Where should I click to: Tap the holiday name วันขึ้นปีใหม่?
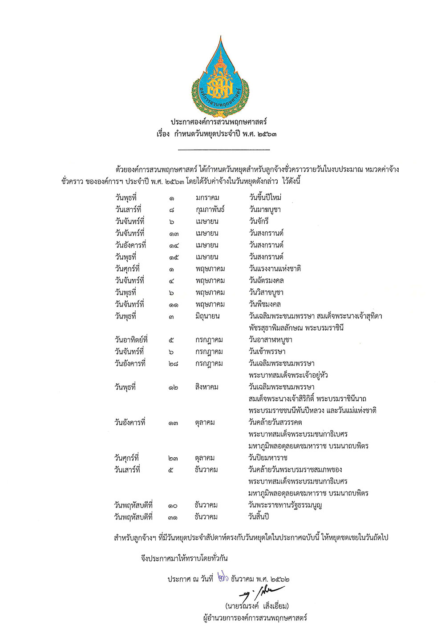pos(265,198)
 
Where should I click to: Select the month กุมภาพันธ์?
pos(210,210)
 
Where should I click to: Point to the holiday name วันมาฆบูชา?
pos(265,210)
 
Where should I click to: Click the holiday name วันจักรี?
pos(259,221)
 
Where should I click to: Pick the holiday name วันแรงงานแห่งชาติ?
pos(275,269)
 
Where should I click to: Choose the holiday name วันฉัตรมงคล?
pos(266,281)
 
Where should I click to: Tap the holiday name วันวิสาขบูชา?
pos(266,292)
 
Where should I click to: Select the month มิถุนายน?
pos(207,316)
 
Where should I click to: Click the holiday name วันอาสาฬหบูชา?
pos(271,340)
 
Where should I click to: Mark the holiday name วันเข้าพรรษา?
pos(267,351)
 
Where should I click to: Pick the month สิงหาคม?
pos(206,387)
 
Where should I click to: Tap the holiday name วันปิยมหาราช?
pos(268,458)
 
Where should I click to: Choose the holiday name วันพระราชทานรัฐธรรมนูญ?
pos(285,505)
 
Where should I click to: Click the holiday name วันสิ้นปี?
pos(259,517)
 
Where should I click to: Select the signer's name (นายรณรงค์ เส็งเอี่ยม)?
pos(257,606)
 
